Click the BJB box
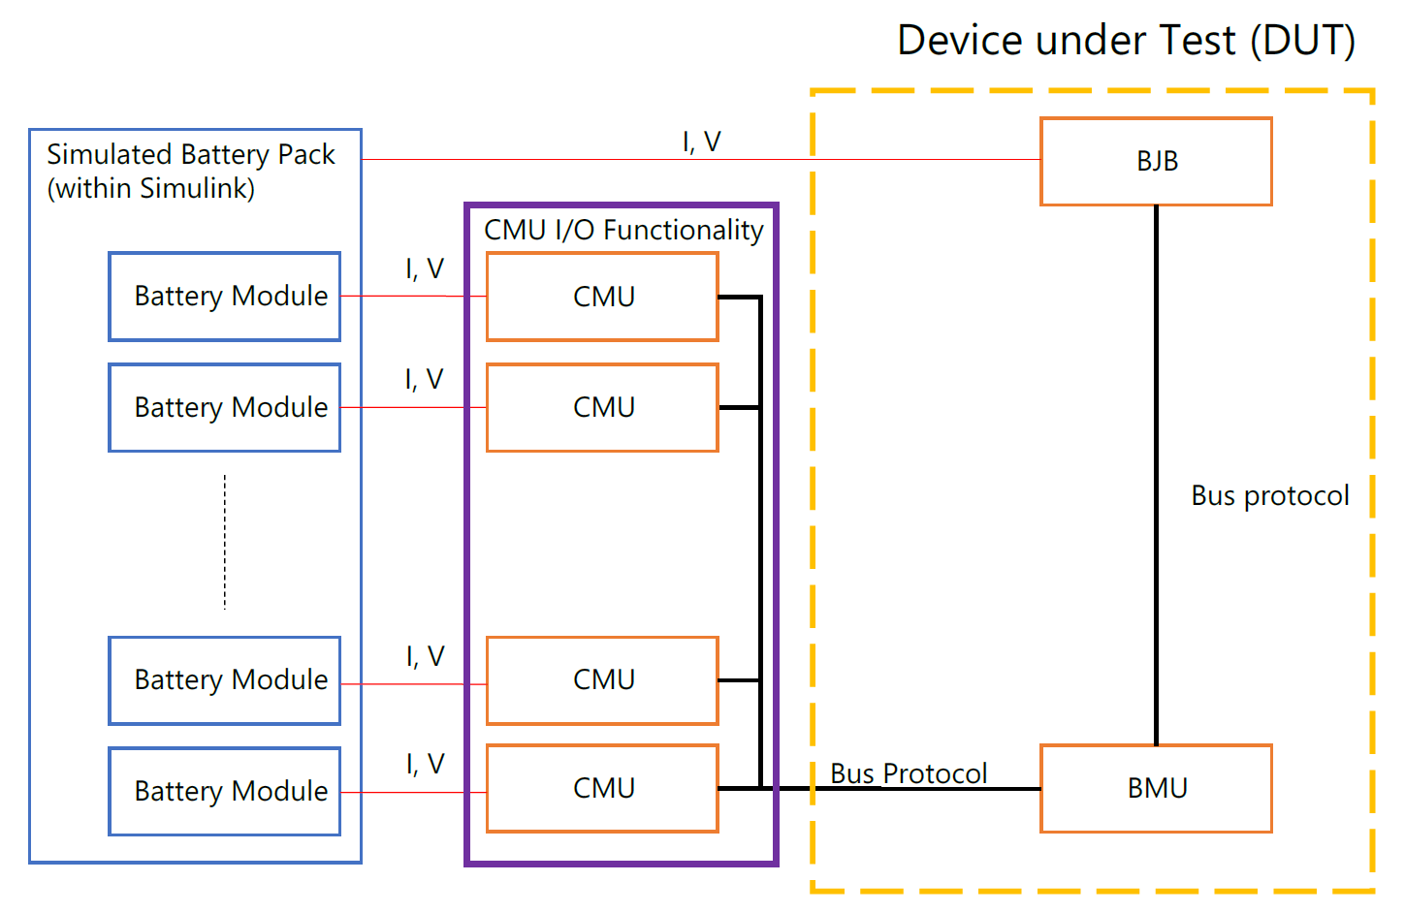point(1156,162)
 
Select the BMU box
point(1156,788)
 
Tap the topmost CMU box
point(602,297)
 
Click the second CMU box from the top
point(602,407)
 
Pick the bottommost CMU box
point(602,788)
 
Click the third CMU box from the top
point(602,679)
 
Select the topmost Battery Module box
point(225,297)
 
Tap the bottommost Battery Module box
point(225,791)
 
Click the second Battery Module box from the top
point(225,407)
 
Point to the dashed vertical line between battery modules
point(225,543)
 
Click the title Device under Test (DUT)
point(1126,41)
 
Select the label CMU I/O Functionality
point(623,230)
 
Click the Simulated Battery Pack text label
point(190,155)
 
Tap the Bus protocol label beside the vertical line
point(1269,496)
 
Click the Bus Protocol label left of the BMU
point(909,772)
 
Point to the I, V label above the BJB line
point(701,142)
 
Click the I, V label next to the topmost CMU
point(424,268)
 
